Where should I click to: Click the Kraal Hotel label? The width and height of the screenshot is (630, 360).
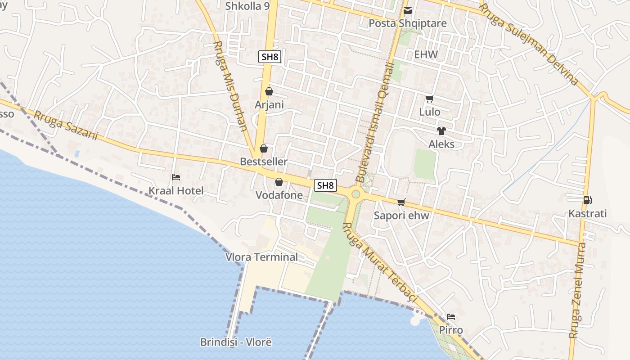coord(176,191)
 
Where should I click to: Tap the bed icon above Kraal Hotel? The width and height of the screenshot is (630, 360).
coord(176,177)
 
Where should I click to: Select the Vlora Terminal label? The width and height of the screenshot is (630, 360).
coord(261,257)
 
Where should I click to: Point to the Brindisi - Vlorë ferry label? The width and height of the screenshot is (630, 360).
coord(236,342)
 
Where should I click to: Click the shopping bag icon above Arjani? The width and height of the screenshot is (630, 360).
coord(269,91)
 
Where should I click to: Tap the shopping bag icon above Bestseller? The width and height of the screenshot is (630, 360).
coord(264,148)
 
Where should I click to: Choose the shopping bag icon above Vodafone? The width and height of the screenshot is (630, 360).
coord(279,182)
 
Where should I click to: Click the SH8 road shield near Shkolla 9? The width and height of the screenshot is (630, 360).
coord(270,57)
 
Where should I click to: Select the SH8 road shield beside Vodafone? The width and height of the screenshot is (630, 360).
coord(325,185)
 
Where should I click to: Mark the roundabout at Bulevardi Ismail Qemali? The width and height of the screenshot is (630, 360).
coord(356,194)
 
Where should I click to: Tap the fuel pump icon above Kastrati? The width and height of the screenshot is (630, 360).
coord(587,200)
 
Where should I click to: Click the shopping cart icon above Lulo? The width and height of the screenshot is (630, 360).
coord(429,99)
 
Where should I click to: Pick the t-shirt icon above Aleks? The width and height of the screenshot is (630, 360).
coord(441,131)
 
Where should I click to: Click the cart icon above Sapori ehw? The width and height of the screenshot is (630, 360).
coord(401,202)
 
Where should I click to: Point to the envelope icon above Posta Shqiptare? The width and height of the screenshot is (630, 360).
coord(408,10)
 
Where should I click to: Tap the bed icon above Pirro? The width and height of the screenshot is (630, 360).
coord(451,317)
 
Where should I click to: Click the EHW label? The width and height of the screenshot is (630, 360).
coord(426,55)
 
